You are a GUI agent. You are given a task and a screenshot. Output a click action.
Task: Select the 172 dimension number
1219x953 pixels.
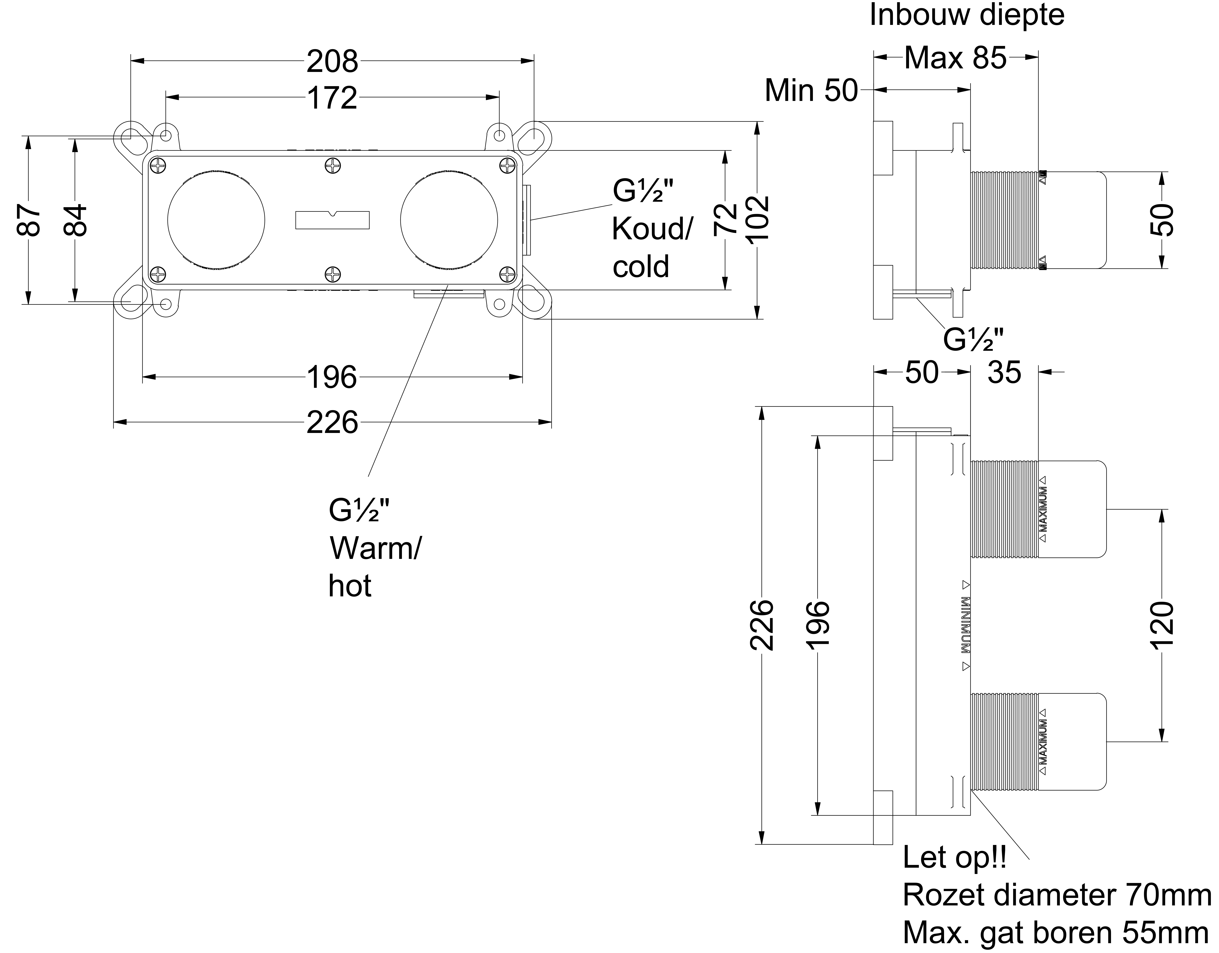coord(332,98)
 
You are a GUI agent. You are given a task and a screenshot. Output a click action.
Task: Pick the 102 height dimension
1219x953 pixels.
coord(757,219)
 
